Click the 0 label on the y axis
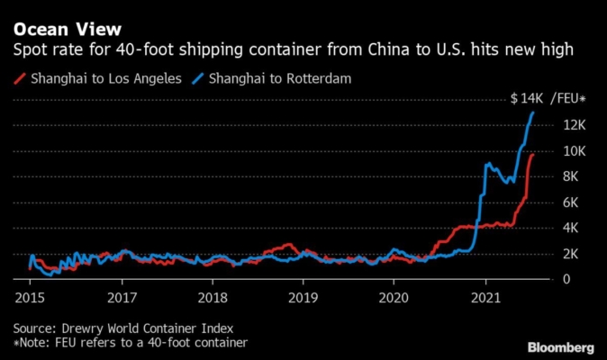[x=566, y=280]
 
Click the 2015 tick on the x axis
[x=30, y=297]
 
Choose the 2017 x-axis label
[x=122, y=297]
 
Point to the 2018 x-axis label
[x=213, y=297]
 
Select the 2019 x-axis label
[x=303, y=297]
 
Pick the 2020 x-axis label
[x=395, y=297]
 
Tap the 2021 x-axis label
[x=486, y=297]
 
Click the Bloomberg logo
[x=559, y=346]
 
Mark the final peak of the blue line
[x=533, y=112]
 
